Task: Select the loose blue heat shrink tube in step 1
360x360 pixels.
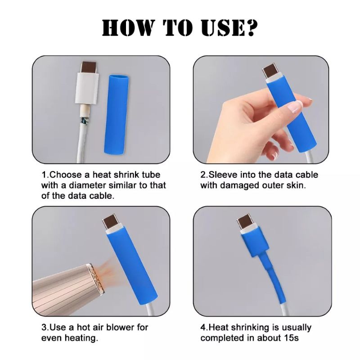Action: tap(117, 114)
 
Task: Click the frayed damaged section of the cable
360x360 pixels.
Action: tap(84, 120)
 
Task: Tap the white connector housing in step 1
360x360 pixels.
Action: tap(87, 88)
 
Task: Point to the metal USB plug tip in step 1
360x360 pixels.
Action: tap(89, 67)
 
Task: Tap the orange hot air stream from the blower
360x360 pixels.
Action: tap(111, 273)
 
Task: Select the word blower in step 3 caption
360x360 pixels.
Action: tap(121, 327)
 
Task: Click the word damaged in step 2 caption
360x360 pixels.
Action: tap(240, 185)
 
